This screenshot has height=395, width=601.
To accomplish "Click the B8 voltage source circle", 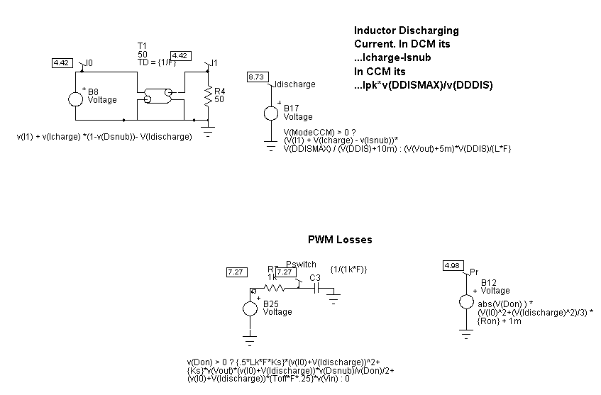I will coord(76,97).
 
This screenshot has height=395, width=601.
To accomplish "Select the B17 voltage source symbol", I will coord(270,113).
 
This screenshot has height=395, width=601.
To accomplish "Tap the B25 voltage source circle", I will coord(250,308).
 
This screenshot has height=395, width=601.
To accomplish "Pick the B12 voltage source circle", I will coord(465,301).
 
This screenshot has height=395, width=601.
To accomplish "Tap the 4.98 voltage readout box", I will coord(451,265).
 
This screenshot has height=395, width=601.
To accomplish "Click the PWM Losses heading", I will coord(340,240).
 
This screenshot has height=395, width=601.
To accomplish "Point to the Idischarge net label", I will coord(294,84).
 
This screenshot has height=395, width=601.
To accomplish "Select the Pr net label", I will coord(475,272).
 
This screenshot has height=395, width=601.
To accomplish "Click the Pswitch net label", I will coord(301,265).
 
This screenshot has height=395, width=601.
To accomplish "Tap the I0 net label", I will coord(89,63).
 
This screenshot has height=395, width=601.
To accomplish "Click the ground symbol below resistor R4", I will coord(209,131).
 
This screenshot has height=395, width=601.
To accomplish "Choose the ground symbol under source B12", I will coord(465,333).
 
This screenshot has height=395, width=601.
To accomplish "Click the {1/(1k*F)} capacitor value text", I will coord(348,269).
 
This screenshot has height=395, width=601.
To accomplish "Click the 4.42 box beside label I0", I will coord(61,63).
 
